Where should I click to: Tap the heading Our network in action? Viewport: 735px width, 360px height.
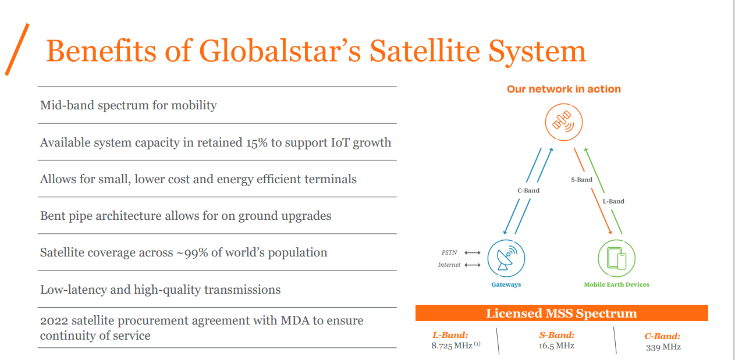coord(563,89)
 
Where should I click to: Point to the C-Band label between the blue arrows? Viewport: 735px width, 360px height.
coord(528,190)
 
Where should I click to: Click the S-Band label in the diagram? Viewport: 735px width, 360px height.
coord(581,180)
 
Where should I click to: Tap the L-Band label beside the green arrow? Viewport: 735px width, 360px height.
coord(613,201)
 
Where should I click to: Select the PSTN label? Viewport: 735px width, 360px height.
coord(449,252)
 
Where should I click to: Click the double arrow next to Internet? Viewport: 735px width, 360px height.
coord(473,265)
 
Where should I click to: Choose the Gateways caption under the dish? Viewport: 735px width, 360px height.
coord(506,285)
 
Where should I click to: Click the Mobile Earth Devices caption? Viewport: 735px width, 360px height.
coord(616,285)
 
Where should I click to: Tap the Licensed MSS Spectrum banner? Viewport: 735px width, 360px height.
coord(561,313)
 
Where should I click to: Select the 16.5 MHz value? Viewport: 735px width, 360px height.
coord(556,345)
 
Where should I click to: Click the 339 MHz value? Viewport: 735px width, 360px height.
coord(663,347)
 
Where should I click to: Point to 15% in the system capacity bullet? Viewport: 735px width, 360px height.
coord(256,142)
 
